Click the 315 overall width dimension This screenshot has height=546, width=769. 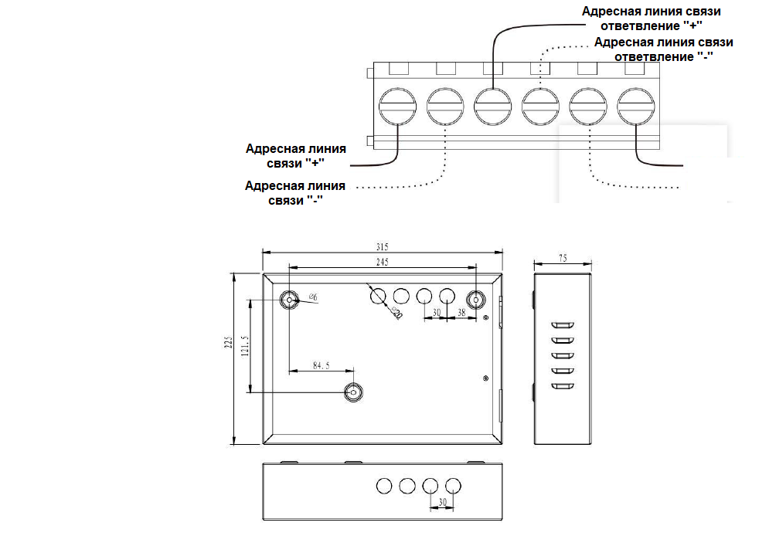point(381,246)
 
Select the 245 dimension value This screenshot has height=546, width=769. point(382,262)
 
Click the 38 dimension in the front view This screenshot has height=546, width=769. point(461,313)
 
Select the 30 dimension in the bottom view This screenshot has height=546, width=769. point(441,501)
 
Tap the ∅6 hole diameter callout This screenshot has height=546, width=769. point(314,297)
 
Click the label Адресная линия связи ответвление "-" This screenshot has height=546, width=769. point(662,49)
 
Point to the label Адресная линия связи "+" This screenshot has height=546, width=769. point(295,155)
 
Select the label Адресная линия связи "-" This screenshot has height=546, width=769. point(294,192)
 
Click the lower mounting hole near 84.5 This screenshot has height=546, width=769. point(354,392)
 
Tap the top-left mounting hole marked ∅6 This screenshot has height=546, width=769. point(290,299)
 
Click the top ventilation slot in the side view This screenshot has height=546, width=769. point(563,325)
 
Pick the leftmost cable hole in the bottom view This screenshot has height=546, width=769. point(384,485)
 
